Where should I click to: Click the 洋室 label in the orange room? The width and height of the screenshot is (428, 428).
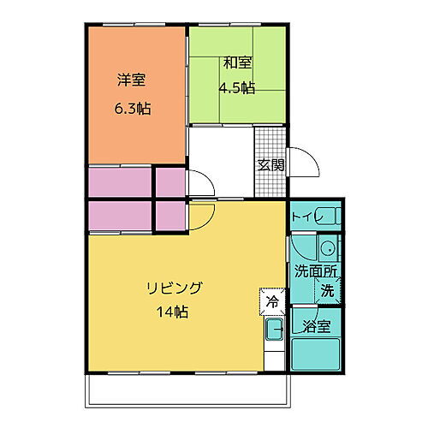pyautogui.click(x=131, y=81)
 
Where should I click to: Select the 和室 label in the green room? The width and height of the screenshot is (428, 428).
pyautogui.click(x=237, y=62)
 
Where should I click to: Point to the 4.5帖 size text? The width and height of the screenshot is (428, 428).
pyautogui.click(x=237, y=86)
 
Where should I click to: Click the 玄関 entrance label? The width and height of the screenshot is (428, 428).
pyautogui.click(x=270, y=165)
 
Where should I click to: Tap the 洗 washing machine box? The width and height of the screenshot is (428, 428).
pyautogui.click(x=328, y=289)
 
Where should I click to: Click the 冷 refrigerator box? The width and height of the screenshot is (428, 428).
pyautogui.click(x=271, y=301)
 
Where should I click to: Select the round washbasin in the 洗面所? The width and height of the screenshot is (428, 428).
pyautogui.click(x=326, y=250)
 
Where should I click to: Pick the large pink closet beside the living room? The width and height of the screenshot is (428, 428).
pyautogui.click(x=120, y=215)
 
